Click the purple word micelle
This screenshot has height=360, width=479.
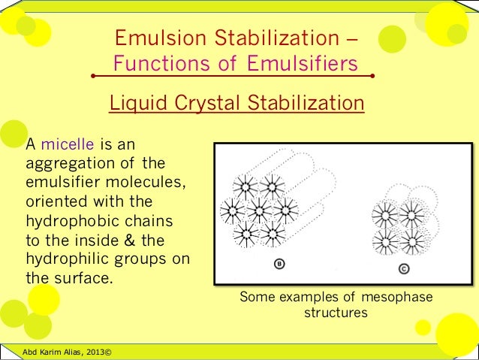tap(65, 144)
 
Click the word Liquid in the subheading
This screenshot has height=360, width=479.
tap(135, 102)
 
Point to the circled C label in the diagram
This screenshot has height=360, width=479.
tap(405, 269)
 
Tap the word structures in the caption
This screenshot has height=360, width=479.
tap(336, 313)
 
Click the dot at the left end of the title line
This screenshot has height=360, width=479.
tap(92, 77)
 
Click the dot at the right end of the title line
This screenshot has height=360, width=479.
tap(372, 77)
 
